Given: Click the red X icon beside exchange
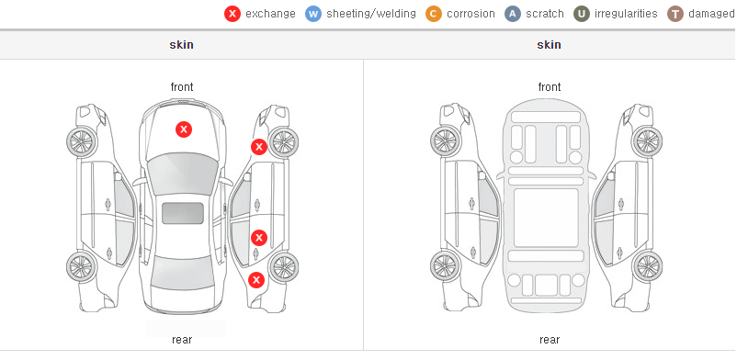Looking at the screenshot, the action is (232, 14).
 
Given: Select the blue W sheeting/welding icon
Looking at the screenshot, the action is (313, 14).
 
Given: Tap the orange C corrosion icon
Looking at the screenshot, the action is (434, 14).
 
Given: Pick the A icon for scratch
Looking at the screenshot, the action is (513, 14).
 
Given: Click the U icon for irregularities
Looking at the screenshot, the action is (582, 14).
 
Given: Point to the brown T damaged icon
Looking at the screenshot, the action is (675, 14).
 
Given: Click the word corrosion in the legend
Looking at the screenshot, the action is (471, 14).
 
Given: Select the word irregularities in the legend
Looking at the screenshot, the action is (626, 14).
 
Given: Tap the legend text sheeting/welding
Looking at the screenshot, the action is (371, 14).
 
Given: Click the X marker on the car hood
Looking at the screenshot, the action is (184, 129).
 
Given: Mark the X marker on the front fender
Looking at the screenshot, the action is (259, 147).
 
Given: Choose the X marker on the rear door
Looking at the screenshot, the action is (259, 238).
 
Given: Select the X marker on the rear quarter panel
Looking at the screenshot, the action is (256, 281).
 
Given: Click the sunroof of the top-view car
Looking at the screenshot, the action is (183, 213).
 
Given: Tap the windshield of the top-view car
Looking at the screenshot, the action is (183, 174).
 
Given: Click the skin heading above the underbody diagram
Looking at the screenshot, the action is (549, 45).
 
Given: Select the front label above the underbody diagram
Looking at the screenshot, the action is (549, 87).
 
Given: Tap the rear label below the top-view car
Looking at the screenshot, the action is (182, 340).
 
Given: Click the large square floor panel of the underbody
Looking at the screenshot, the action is (546, 218).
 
